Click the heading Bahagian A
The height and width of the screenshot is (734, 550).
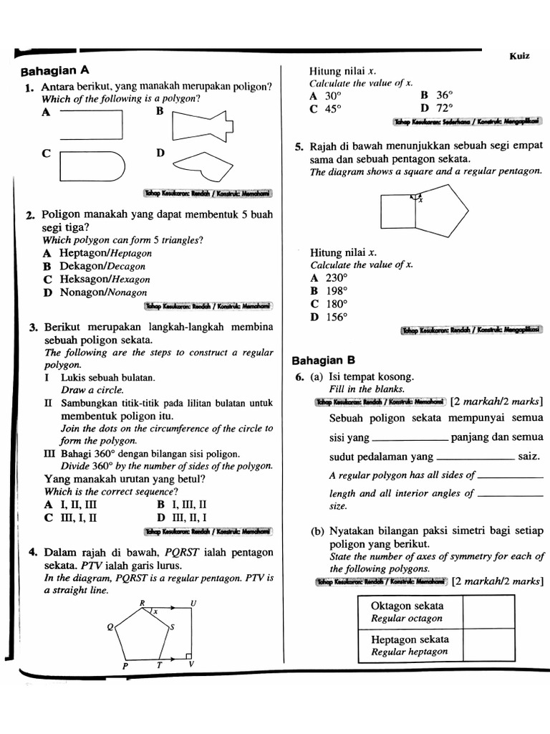click(55, 71)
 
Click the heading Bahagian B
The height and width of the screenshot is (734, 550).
click(324, 360)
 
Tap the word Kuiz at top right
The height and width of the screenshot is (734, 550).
click(519, 56)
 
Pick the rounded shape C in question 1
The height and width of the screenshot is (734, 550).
click(92, 166)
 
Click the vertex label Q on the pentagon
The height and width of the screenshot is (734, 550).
click(110, 627)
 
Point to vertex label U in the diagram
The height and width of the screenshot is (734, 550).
click(193, 604)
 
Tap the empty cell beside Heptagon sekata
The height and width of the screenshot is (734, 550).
click(489, 645)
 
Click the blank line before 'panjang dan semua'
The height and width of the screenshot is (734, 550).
click(410, 439)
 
